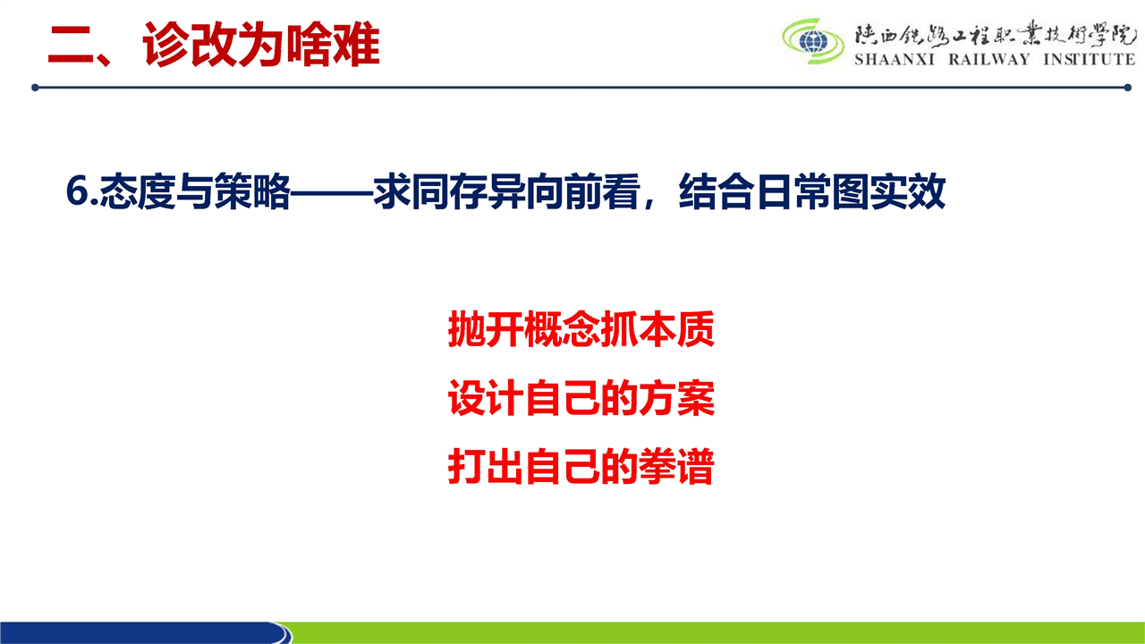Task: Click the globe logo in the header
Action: click(x=813, y=41)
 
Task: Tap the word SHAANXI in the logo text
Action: click(x=895, y=59)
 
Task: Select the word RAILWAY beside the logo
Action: click(x=989, y=59)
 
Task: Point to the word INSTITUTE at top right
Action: click(x=1090, y=59)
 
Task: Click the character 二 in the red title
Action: click(x=72, y=45)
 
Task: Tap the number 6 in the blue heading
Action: click(x=78, y=191)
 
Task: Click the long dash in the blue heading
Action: click(x=332, y=192)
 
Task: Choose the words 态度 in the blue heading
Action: click(x=138, y=191)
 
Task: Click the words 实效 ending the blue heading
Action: click(x=908, y=191)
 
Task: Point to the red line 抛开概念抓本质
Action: click(x=581, y=329)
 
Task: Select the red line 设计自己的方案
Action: click(x=581, y=398)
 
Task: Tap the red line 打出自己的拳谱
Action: click(x=581, y=466)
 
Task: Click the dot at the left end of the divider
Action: click(x=35, y=88)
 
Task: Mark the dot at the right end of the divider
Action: click(x=1128, y=88)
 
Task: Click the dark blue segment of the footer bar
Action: click(x=143, y=632)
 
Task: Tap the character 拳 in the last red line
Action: click(x=657, y=466)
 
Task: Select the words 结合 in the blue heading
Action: click(x=717, y=191)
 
